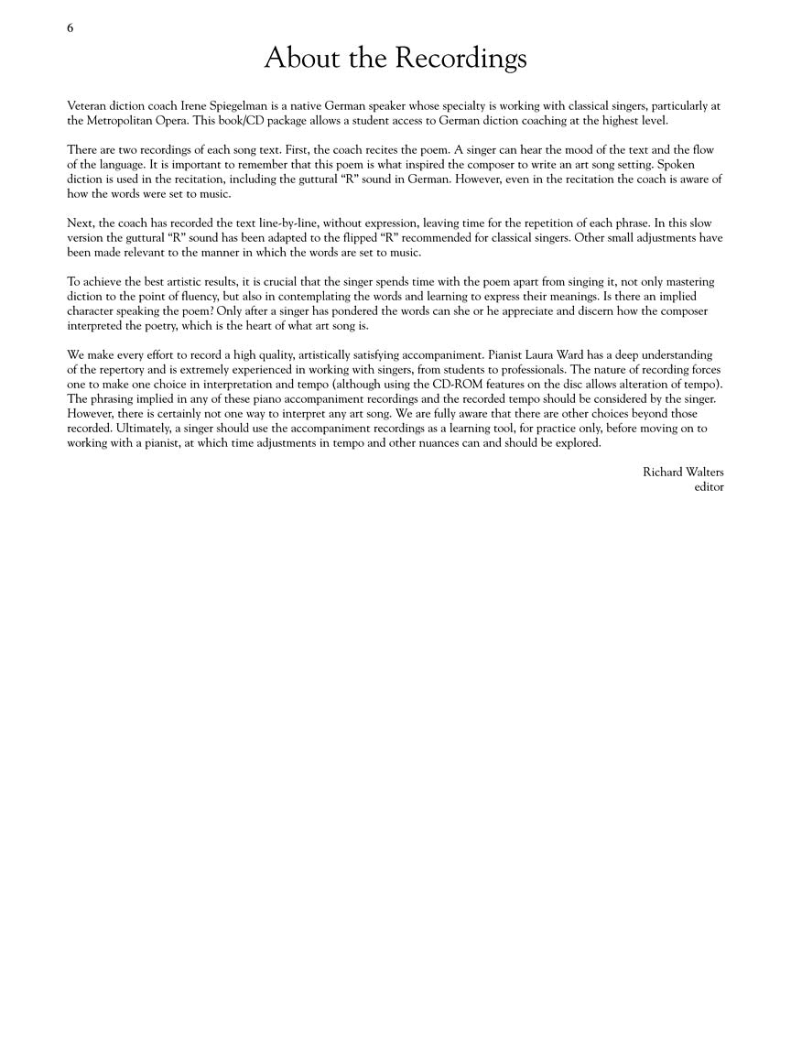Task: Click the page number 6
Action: pos(70,27)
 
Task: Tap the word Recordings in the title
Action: pos(461,60)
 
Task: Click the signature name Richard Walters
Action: pos(683,472)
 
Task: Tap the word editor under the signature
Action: pos(709,486)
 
